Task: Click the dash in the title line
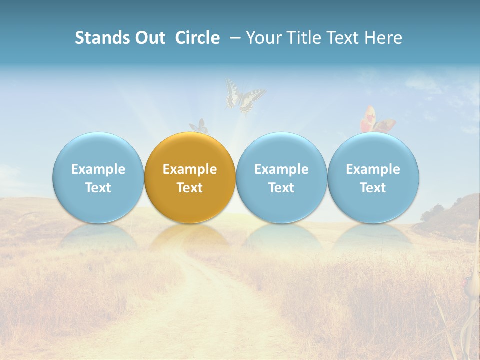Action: [x=234, y=38]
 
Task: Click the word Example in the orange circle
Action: [x=190, y=169]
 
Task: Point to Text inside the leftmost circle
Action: [x=98, y=188]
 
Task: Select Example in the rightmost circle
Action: [x=373, y=169]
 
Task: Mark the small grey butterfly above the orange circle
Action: [x=199, y=126]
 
